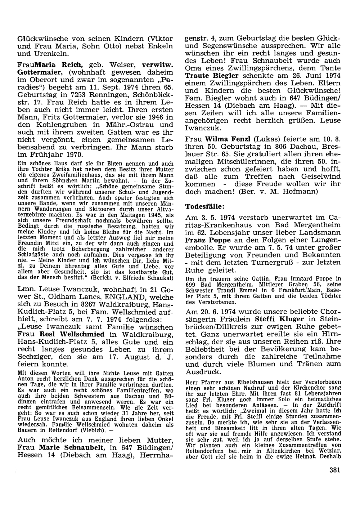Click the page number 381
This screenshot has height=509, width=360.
[x=334, y=469]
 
